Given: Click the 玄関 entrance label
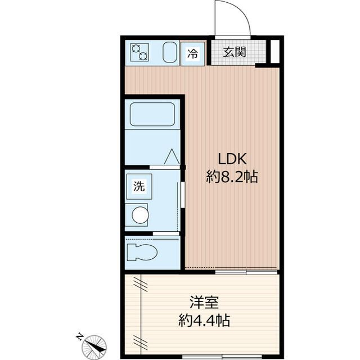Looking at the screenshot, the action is [x=235, y=52].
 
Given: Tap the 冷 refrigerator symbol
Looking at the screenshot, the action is [x=192, y=54].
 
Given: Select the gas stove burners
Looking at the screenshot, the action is [x=139, y=52].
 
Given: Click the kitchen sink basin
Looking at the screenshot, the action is [x=170, y=52].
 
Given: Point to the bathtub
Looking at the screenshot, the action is [x=152, y=114].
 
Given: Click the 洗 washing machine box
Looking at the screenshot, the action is [x=139, y=186].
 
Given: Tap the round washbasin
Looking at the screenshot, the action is [x=140, y=215].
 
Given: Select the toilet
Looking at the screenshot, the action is [x=142, y=252].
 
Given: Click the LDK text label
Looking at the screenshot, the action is [x=232, y=159].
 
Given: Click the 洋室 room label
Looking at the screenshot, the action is [x=204, y=303].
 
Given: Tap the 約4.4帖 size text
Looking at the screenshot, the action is [x=204, y=320].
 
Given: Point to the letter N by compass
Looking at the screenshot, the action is [x=79, y=336].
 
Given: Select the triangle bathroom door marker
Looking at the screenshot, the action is [x=172, y=156].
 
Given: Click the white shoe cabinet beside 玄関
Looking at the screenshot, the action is [x=275, y=51].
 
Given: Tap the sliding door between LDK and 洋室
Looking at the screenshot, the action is [x=246, y=272].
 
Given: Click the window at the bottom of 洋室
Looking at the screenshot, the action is [x=222, y=357].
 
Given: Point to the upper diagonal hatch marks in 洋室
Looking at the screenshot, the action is [x=140, y=283].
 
